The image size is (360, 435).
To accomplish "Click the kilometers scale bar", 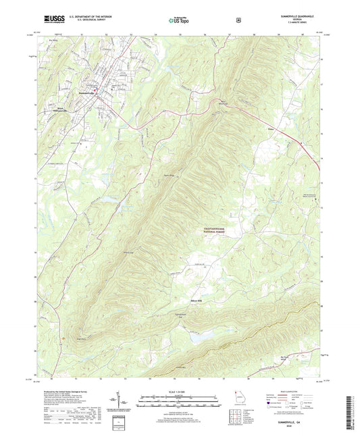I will tap(178, 399).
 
